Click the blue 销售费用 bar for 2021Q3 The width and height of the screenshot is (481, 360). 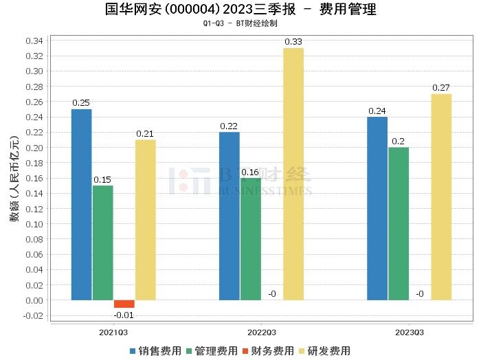pyautogui.click(x=81, y=204)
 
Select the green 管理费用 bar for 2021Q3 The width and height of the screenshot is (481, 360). pyautogui.click(x=102, y=243)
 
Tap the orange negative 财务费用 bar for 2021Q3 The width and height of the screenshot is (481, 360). pyautogui.click(x=124, y=304)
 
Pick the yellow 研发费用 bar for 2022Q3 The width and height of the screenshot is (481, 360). pyautogui.click(x=293, y=174)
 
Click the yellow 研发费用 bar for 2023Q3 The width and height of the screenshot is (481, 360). pyautogui.click(x=441, y=196)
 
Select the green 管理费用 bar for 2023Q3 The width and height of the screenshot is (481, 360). pyautogui.click(x=399, y=223)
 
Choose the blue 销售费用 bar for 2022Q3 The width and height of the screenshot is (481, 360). pyautogui.click(x=230, y=216)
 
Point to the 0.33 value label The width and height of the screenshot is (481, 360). pyautogui.click(x=293, y=42)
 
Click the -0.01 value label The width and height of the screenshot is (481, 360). pyautogui.click(x=124, y=315)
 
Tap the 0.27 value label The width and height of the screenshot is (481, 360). pyautogui.click(x=441, y=88)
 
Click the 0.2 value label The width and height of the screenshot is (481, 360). pyautogui.click(x=399, y=142)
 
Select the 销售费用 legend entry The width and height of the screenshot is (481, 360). pyautogui.click(x=155, y=350)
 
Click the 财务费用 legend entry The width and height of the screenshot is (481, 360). pyautogui.click(x=268, y=350)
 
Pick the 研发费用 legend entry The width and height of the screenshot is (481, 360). pyautogui.click(x=324, y=350)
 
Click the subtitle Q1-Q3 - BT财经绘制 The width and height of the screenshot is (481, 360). pyautogui.click(x=240, y=23)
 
